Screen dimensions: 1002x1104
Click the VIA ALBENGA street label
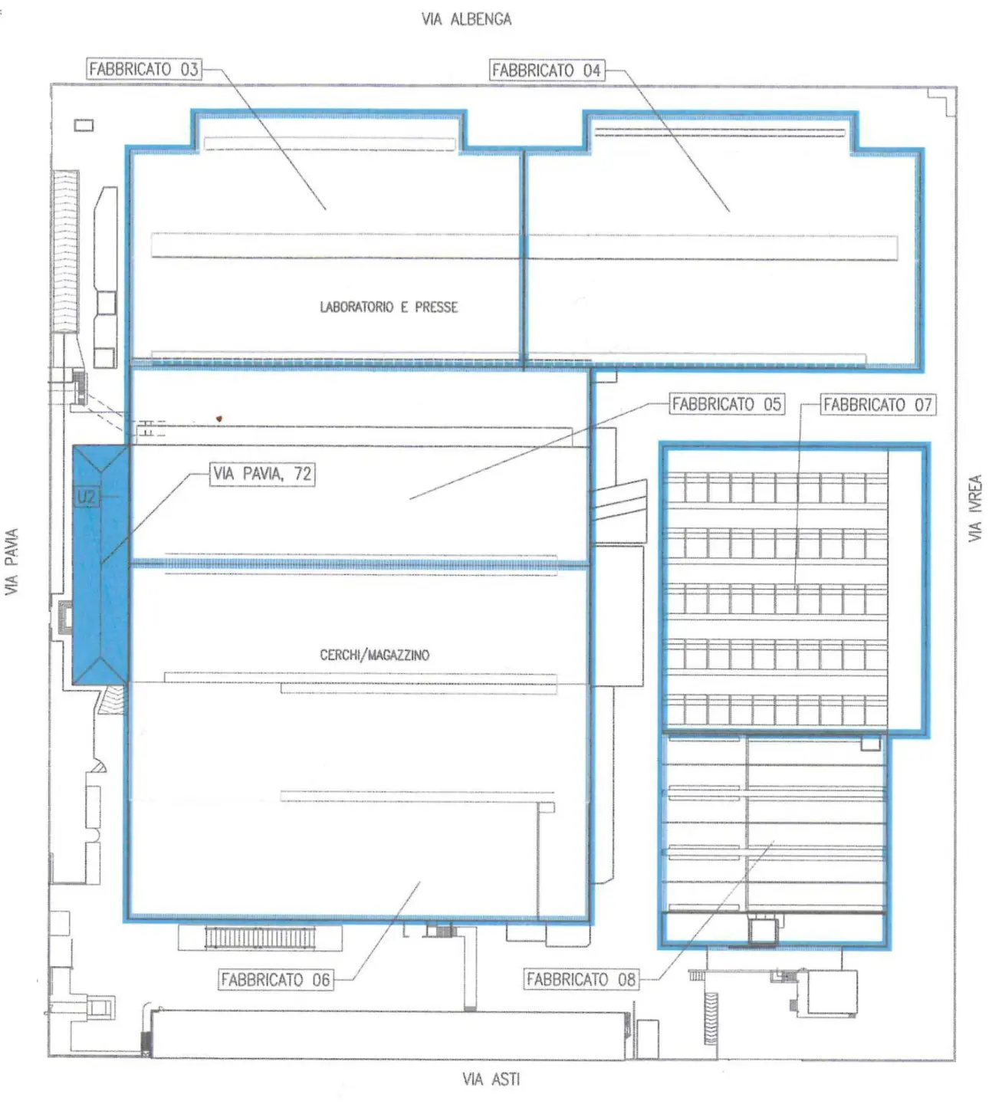(466, 19)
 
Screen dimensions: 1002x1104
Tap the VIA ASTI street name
(491, 1079)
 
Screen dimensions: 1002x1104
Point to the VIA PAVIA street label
(11, 562)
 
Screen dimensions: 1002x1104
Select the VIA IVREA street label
(975, 508)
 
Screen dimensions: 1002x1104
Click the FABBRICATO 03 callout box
(144, 69)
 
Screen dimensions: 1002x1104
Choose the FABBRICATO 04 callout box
(547, 71)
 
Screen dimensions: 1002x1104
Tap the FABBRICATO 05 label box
(727, 404)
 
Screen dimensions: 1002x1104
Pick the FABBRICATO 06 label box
(276, 980)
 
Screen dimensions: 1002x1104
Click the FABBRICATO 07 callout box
(878, 405)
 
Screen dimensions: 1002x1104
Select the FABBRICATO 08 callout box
(581, 979)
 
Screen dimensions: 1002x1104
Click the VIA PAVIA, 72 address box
(263, 474)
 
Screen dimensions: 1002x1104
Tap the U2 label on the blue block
(87, 498)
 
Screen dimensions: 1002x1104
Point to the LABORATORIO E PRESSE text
(389, 307)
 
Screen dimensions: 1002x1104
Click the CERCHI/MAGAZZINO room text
(374, 655)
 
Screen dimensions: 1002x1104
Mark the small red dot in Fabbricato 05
(219, 419)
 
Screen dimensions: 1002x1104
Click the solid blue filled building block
(100, 565)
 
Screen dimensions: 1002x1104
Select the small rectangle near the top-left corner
(84, 126)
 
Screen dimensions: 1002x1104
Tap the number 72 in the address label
(302, 474)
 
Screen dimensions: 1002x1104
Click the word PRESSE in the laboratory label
(436, 307)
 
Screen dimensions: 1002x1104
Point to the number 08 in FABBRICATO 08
(626, 979)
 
